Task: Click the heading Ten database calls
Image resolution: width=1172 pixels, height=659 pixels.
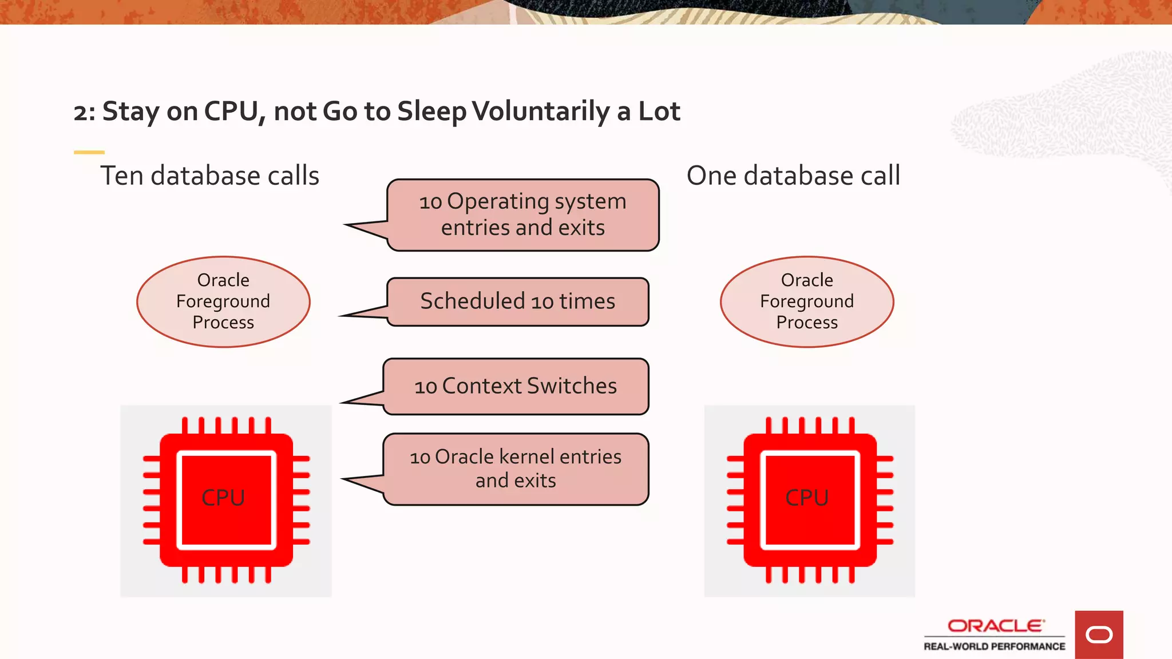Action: click(x=209, y=176)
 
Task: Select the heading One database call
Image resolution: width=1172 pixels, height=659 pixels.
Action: click(x=793, y=176)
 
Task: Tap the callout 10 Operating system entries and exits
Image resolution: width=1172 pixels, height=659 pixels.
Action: click(x=522, y=215)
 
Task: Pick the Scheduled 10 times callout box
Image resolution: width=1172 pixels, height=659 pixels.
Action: click(x=518, y=301)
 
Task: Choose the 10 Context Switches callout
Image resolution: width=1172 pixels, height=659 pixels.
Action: click(x=516, y=386)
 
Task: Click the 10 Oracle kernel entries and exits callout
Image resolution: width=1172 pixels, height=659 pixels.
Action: click(x=516, y=469)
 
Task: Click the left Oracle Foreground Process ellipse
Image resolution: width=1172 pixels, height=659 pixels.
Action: click(x=223, y=301)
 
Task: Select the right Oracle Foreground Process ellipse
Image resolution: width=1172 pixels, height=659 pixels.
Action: click(x=807, y=301)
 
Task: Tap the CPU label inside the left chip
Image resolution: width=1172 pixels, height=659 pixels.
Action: click(x=223, y=498)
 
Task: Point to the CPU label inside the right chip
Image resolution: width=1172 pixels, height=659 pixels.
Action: click(x=807, y=498)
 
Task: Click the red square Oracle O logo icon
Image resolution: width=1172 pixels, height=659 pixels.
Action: click(x=1099, y=634)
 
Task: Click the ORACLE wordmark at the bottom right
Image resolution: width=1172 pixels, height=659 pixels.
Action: click(x=995, y=626)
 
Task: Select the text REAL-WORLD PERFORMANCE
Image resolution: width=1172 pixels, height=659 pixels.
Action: click(x=995, y=646)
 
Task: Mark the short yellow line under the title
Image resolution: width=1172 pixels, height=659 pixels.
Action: click(x=89, y=152)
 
